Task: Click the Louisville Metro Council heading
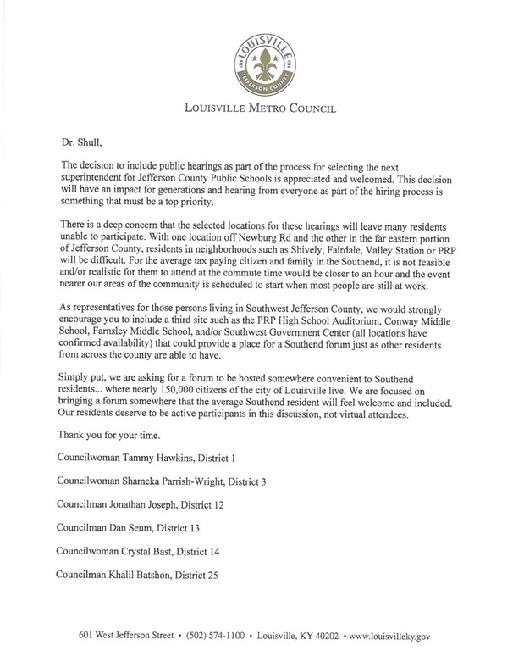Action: click(x=256, y=108)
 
